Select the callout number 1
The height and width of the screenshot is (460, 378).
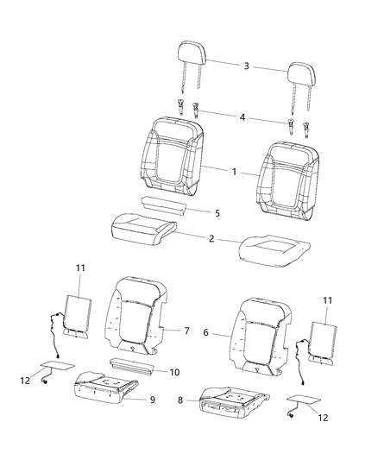point(233,171)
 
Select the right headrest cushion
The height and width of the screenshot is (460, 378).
point(303,74)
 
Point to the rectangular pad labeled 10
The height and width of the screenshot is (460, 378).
point(131,369)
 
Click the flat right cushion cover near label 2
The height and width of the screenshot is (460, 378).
point(274,249)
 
